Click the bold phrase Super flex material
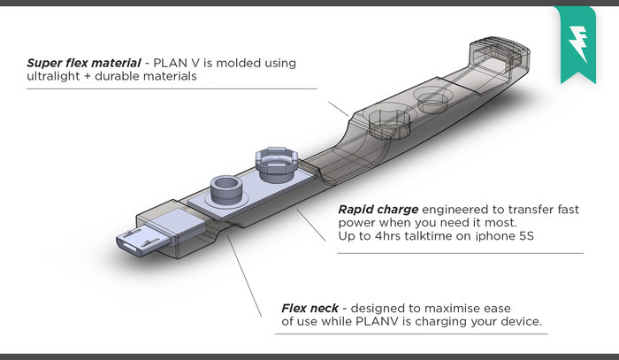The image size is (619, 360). pos(84,64)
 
